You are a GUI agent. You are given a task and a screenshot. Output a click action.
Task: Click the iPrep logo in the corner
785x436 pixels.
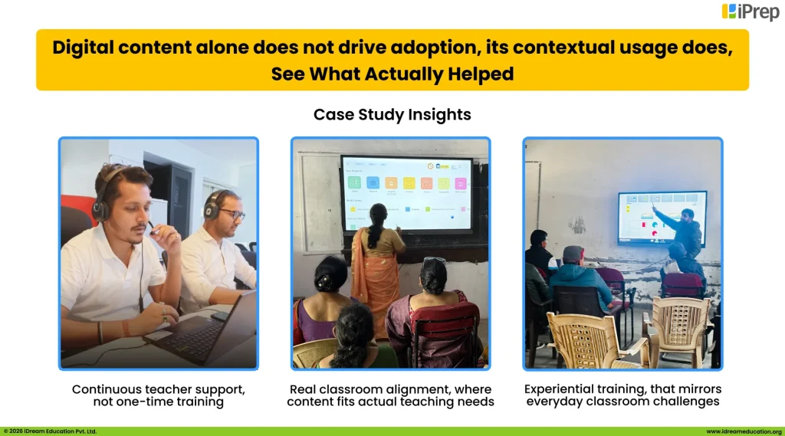coord(750,11)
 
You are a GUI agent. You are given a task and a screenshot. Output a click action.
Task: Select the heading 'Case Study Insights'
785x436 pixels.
coord(392,114)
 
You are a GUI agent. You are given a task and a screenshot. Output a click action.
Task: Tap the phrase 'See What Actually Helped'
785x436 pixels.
coord(392,74)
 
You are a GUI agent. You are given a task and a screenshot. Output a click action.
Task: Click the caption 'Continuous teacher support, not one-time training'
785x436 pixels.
coord(159,395)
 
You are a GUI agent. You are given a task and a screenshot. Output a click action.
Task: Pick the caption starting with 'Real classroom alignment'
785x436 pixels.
coord(391,395)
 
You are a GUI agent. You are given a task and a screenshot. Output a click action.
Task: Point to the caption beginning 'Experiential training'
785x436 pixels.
coord(622,395)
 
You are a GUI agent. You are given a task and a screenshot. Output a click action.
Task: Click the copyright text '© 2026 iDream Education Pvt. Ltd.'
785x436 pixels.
coord(51,431)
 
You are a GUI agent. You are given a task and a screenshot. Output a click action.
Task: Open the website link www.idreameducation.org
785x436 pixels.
coord(743,431)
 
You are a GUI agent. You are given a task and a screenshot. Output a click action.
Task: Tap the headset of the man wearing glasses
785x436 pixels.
coord(210,206)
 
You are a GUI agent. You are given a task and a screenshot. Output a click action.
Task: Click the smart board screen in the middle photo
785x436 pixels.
coord(406,192)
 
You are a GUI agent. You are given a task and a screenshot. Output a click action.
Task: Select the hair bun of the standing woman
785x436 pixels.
coord(379,211)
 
